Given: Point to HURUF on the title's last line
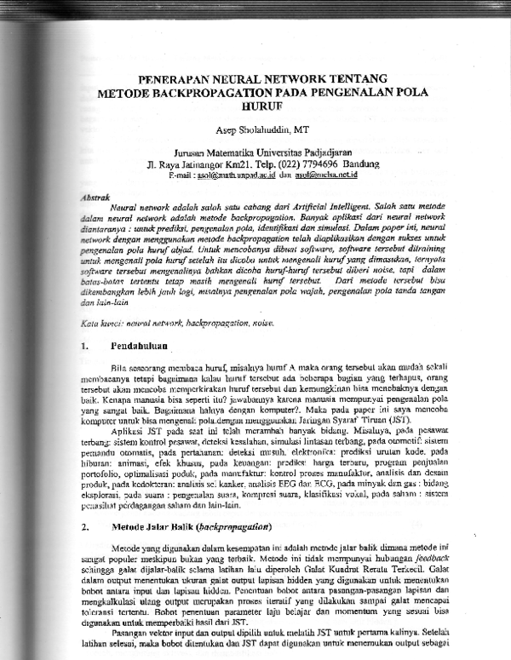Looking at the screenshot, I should [261, 106].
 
